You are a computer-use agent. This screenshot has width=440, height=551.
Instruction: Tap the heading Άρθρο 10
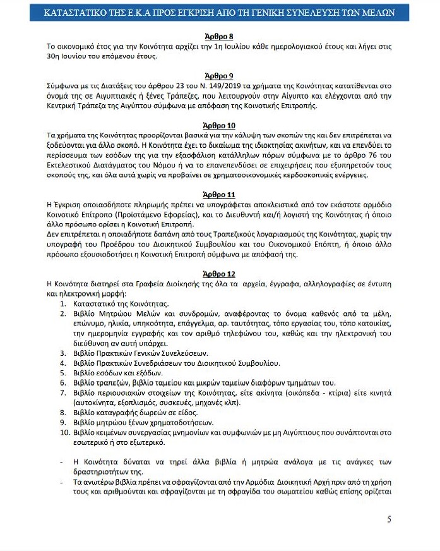pyautogui.click(x=220, y=124)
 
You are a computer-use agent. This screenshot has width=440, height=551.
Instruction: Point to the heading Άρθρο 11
pyautogui.click(x=220, y=195)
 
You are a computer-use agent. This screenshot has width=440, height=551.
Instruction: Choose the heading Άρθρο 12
pyautogui.click(x=220, y=274)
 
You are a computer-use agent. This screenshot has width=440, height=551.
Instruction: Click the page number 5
pyautogui.click(x=389, y=519)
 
